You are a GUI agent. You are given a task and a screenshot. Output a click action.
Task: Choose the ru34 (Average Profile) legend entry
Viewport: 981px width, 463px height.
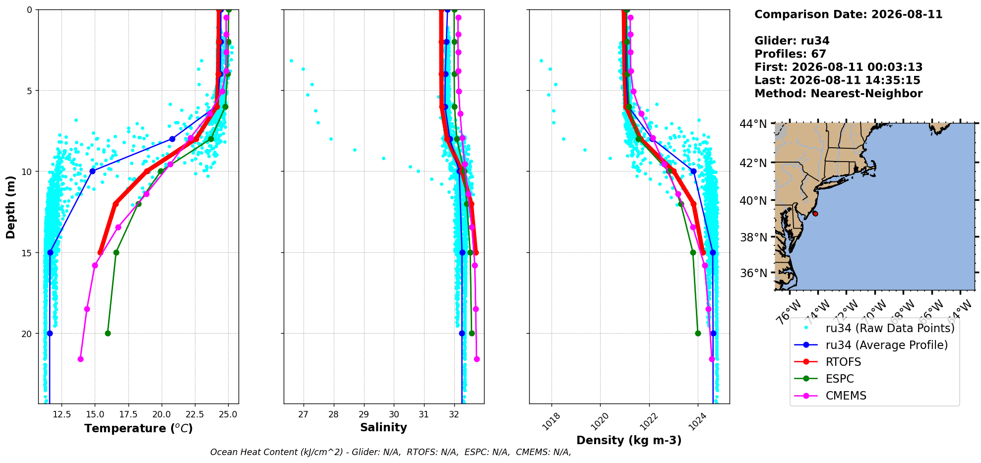tap(871, 345)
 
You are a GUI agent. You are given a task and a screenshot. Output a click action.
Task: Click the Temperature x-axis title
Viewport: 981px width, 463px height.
tap(138, 428)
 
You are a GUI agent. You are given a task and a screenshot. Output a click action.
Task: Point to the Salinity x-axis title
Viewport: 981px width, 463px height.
tap(383, 427)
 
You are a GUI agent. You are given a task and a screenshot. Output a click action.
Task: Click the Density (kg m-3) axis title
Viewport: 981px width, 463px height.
tap(629, 440)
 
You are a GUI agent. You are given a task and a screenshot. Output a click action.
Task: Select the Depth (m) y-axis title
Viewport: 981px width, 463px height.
tap(10, 207)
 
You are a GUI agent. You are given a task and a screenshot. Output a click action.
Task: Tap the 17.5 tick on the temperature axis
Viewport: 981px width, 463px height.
tap(128, 414)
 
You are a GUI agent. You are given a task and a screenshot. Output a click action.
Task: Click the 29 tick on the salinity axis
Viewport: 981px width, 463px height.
tap(364, 414)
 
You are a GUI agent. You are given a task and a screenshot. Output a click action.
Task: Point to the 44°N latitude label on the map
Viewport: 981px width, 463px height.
tap(753, 123)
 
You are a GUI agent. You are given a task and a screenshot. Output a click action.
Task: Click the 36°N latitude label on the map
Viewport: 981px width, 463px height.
tap(753, 273)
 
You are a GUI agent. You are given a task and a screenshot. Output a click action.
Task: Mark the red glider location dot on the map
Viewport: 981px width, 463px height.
tap(815, 214)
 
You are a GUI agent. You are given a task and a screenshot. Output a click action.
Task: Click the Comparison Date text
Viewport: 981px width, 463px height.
tap(849, 14)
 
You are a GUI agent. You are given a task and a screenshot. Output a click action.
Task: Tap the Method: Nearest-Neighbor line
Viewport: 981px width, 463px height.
tap(839, 94)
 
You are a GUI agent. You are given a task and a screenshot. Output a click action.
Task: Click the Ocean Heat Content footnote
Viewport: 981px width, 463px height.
tap(391, 452)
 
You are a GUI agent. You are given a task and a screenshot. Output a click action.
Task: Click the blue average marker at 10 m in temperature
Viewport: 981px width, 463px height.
tap(92, 171)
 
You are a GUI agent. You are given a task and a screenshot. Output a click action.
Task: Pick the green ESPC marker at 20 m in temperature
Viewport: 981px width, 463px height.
tap(108, 333)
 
